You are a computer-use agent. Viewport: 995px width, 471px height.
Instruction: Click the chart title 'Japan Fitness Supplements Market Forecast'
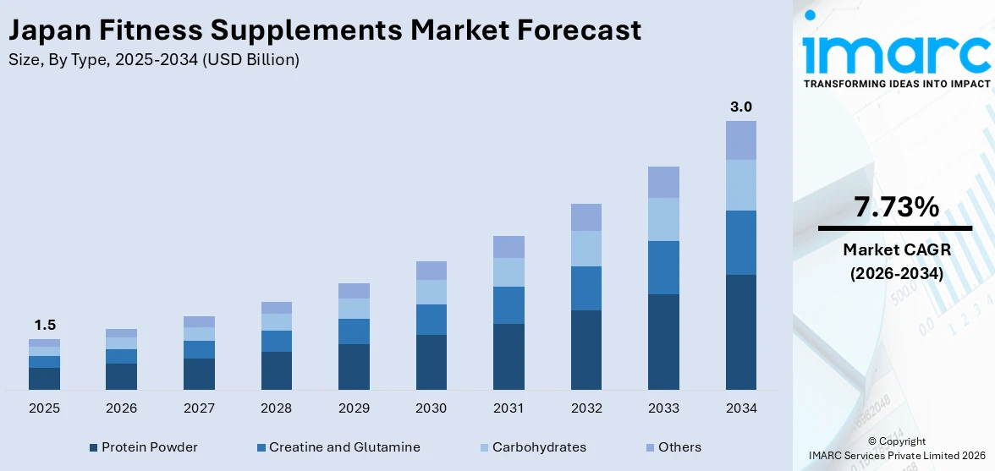324,30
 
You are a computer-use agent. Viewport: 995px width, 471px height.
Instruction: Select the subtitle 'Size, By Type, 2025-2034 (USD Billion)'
153,60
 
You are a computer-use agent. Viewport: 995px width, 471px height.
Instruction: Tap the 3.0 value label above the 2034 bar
741,107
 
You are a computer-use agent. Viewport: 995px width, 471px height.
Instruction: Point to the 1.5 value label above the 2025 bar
44,326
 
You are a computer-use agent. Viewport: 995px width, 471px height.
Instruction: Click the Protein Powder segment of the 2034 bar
741,331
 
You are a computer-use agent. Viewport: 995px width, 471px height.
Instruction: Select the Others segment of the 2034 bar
741,140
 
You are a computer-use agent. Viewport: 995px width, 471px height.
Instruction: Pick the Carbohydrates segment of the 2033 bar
663,219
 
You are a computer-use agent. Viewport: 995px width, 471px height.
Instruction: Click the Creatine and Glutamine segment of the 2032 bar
586,288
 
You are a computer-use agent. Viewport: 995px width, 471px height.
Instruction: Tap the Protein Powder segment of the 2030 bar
431,362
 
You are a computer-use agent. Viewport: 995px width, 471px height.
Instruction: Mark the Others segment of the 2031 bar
508,247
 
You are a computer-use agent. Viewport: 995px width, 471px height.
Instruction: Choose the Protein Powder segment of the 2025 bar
44,378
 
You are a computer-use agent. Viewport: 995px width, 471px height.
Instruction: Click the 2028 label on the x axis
276,408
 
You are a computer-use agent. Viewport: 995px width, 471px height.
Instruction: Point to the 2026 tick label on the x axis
121,408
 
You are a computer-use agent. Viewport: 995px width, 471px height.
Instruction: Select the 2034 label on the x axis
741,408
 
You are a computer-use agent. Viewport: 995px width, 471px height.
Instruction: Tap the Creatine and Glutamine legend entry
338,447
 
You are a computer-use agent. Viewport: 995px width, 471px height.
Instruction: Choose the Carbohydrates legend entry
532,447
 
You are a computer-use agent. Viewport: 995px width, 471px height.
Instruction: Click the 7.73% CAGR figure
896,207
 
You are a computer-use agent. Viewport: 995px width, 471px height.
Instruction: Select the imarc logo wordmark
896,52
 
